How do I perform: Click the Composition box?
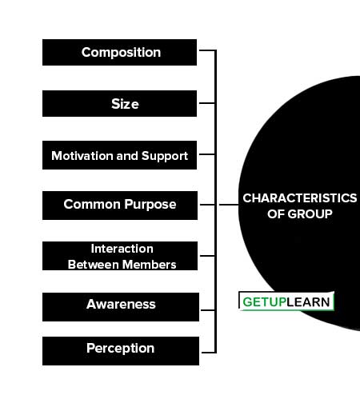click(x=119, y=53)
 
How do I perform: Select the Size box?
click(x=119, y=103)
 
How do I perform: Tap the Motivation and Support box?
click(x=119, y=155)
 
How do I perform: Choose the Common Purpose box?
click(x=120, y=206)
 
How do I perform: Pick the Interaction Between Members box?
click(x=120, y=256)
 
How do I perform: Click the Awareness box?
click(x=121, y=307)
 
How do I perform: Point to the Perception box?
click(x=121, y=351)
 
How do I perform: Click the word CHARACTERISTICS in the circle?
click(x=300, y=198)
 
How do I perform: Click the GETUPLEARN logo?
click(x=286, y=301)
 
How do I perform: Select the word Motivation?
click(x=82, y=156)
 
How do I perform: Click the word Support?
click(x=165, y=156)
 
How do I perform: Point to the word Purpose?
click(x=150, y=205)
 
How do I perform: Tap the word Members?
click(x=149, y=265)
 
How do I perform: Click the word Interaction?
click(x=122, y=249)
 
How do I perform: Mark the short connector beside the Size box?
click(x=207, y=103)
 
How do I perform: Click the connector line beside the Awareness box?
click(x=208, y=310)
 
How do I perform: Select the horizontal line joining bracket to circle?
click(x=229, y=205)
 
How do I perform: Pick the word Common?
click(x=92, y=205)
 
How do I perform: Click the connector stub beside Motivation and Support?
click(x=207, y=154)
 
